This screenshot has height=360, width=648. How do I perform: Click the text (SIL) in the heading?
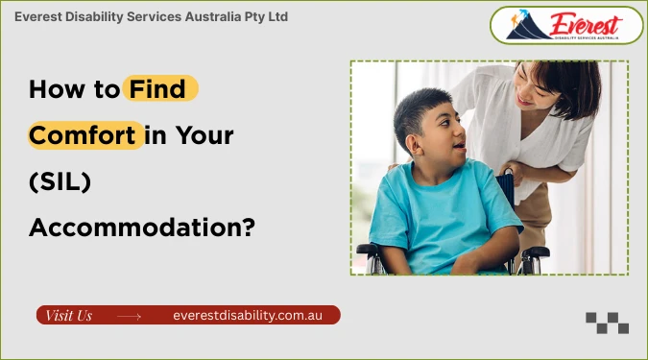[60, 181]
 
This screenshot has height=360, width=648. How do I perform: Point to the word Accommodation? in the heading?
[141, 228]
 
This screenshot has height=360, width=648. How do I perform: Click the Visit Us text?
[69, 315]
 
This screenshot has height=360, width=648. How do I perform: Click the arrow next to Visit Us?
[129, 315]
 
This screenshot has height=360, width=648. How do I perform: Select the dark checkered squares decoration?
[607, 323]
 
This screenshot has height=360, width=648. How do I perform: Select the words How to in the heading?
[73, 90]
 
